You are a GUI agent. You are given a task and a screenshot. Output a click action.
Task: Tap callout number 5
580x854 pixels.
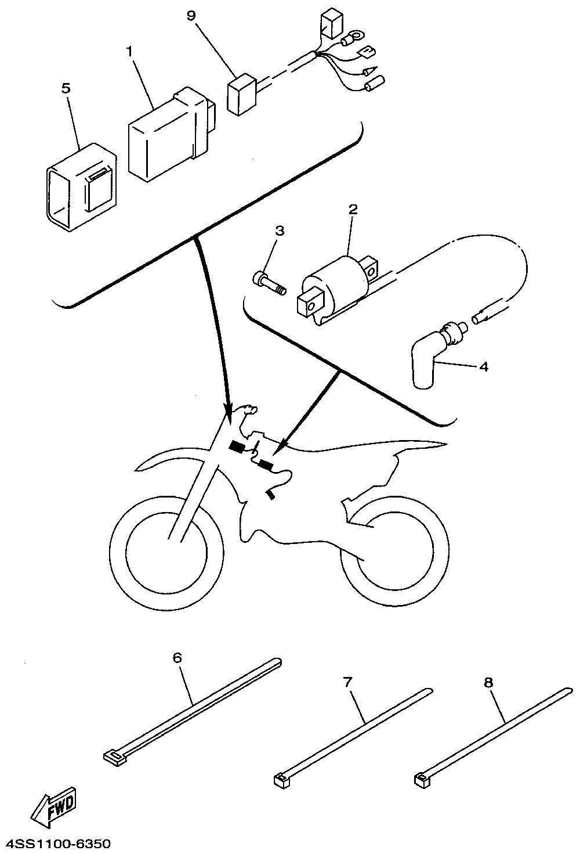tap(66, 89)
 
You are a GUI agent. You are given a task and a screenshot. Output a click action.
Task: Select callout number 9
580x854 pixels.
tap(191, 16)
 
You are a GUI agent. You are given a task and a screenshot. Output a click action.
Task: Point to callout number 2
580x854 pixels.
tap(353, 209)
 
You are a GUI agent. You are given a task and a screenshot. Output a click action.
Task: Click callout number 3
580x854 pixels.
tap(280, 231)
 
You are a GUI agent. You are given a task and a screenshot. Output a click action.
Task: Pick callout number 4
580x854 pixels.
tap(484, 367)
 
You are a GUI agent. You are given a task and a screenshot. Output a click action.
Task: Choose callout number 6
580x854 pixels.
tap(177, 658)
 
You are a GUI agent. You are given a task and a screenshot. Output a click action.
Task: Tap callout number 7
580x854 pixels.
tap(347, 682)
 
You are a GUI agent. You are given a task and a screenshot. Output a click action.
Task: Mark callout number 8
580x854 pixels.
tap(488, 683)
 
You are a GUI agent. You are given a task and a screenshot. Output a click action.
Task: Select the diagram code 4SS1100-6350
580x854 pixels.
tap(56, 843)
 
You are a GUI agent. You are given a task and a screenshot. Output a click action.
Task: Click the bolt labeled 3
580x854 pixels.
tap(269, 283)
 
